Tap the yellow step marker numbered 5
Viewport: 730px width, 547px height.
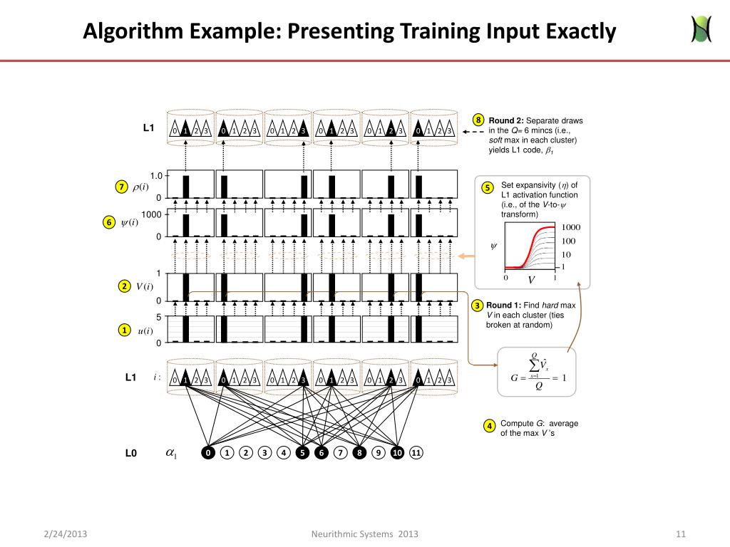click(488, 188)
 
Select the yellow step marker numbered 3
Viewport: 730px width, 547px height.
click(478, 306)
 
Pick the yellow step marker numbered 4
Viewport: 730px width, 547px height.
click(490, 426)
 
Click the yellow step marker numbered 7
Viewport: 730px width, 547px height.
click(121, 187)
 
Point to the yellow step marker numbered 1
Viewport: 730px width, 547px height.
click(124, 330)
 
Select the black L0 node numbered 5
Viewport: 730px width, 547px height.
click(302, 452)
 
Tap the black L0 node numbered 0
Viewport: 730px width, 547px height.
click(207, 452)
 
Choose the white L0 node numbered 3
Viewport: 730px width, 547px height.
click(264, 452)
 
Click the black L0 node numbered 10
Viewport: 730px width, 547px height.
click(398, 452)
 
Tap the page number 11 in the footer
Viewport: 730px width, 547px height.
click(680, 534)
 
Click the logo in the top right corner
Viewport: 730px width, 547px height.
click(701, 28)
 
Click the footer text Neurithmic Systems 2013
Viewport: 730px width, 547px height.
click(365, 534)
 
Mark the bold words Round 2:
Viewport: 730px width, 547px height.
click(505, 120)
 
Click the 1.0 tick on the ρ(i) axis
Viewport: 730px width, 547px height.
click(156, 176)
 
